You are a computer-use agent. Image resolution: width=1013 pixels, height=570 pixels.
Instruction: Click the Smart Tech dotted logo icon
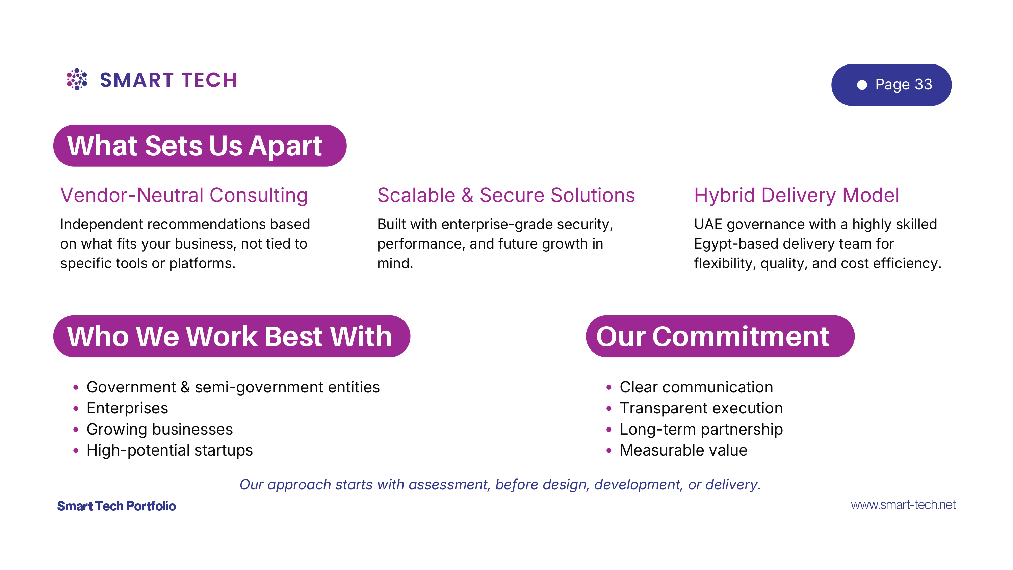(x=77, y=79)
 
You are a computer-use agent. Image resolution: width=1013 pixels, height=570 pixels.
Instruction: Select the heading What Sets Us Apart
(x=194, y=146)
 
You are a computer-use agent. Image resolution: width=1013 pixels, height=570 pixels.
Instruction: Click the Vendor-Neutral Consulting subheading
(x=184, y=195)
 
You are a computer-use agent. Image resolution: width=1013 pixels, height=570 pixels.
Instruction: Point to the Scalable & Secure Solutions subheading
(x=506, y=195)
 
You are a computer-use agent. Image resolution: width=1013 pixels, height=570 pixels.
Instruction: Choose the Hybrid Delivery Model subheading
(x=796, y=195)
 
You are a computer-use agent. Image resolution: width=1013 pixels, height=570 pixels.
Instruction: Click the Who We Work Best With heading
(x=230, y=336)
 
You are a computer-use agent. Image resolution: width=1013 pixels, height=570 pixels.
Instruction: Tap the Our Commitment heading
(x=712, y=336)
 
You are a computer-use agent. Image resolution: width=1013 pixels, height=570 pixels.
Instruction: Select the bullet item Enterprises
(x=127, y=408)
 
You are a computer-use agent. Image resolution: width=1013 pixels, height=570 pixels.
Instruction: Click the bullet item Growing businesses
(x=160, y=429)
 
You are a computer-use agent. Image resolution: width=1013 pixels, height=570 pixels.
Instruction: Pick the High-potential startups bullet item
(x=170, y=450)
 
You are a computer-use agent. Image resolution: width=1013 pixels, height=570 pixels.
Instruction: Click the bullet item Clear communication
(x=696, y=387)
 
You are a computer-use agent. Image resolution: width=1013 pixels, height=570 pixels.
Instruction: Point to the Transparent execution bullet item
(x=701, y=408)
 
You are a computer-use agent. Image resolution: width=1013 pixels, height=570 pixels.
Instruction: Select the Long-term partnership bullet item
(x=701, y=429)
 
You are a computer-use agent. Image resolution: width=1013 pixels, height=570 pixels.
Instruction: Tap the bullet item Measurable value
(x=683, y=450)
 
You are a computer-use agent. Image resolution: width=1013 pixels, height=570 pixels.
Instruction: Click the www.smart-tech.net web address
(x=903, y=505)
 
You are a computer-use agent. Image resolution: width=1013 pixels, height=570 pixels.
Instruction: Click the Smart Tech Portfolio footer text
(x=116, y=506)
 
